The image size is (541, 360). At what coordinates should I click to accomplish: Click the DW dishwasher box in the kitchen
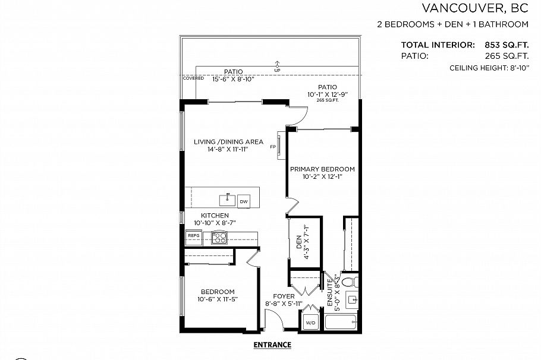pyautogui.click(x=244, y=202)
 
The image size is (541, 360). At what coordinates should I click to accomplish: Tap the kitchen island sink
pyautogui.click(x=226, y=198)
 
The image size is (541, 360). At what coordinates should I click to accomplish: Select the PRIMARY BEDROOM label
pyautogui.click(x=322, y=169)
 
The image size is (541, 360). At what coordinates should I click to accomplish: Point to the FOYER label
pyautogui.click(x=284, y=296)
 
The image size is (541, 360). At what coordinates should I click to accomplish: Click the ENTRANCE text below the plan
pyautogui.click(x=272, y=345)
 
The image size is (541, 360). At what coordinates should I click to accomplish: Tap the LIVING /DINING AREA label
pyautogui.click(x=228, y=142)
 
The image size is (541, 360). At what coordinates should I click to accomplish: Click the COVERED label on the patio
pyautogui.click(x=193, y=78)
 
